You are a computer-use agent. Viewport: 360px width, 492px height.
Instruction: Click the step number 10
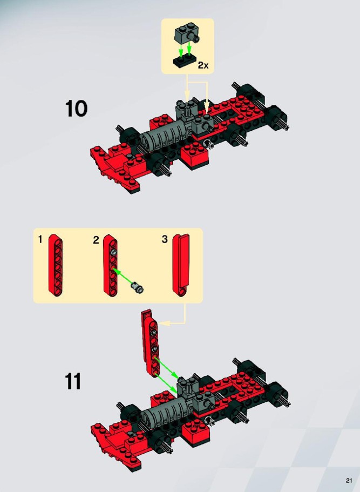point(76,109)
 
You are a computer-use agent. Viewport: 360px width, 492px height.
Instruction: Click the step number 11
point(73,381)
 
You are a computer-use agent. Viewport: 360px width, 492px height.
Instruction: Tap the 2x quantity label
point(203,65)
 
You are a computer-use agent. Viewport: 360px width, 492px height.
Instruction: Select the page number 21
point(349,481)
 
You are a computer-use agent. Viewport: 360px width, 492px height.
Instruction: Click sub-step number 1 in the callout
point(40,240)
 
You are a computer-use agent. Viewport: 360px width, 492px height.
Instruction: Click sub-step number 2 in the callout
point(96,240)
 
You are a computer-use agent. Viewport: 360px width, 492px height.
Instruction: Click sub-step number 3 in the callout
point(165,239)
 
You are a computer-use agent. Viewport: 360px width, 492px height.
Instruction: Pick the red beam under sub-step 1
point(56,265)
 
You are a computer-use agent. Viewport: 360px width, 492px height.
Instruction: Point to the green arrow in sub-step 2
point(123,276)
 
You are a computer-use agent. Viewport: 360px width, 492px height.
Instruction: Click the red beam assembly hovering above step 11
point(151,342)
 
